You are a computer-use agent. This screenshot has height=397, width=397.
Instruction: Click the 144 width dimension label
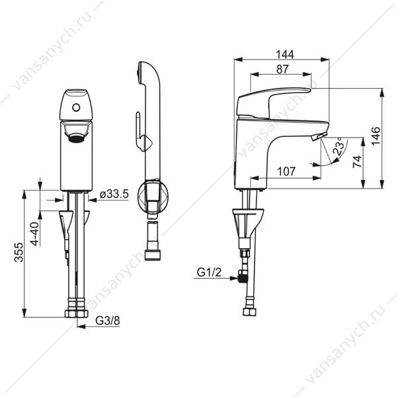[x=285, y=54]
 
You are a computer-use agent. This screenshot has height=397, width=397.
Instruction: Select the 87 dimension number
[x=282, y=69]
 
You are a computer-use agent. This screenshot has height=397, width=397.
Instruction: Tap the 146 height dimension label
[x=376, y=136]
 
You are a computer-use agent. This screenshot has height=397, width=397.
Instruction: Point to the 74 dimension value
[x=357, y=161]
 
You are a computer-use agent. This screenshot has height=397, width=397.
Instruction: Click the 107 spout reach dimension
[x=287, y=171]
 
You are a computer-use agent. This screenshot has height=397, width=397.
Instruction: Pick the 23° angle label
[x=339, y=147]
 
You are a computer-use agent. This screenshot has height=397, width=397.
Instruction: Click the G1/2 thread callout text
[x=209, y=273]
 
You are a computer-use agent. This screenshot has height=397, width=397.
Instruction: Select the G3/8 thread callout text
[x=108, y=321]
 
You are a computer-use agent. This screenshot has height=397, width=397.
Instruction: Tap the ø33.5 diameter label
[x=114, y=194]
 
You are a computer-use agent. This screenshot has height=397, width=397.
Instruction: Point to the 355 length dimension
[x=19, y=252]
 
